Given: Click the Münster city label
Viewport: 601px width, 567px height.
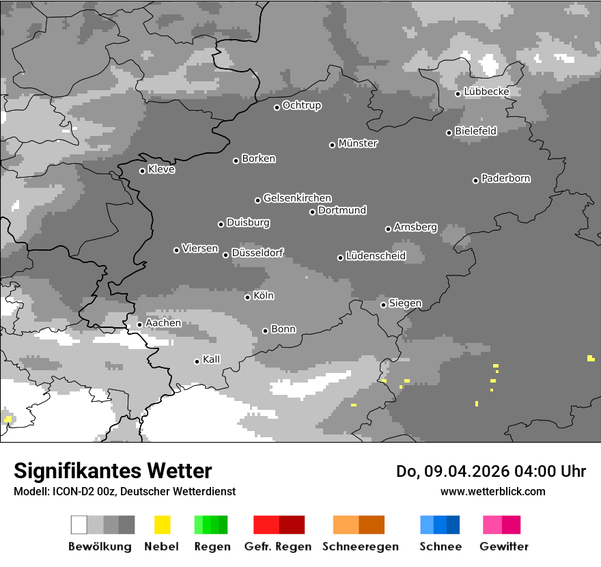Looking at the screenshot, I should [x=358, y=143].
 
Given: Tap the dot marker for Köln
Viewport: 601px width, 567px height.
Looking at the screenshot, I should [x=247, y=297].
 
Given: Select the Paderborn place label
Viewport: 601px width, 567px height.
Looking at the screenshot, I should [x=506, y=178].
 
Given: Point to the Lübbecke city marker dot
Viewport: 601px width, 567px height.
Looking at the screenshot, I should [x=458, y=94].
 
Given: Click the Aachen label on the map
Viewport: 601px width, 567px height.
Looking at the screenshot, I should [x=163, y=322].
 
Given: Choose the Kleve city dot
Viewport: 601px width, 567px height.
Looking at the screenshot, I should [x=142, y=171].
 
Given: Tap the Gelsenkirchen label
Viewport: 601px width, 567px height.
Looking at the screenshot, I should [x=297, y=198].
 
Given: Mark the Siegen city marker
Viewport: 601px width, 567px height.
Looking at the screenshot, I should [x=383, y=305].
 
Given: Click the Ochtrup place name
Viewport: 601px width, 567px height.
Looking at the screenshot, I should [x=302, y=105].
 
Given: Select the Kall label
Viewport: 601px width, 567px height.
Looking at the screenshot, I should [x=212, y=359].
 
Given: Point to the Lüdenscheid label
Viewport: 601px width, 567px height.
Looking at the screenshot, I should [x=376, y=256].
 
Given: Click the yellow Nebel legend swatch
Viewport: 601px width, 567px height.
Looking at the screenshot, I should [x=162, y=525].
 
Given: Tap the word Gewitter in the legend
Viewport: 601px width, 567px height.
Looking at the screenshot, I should [x=504, y=547].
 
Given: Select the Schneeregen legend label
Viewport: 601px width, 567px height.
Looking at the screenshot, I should [x=359, y=547].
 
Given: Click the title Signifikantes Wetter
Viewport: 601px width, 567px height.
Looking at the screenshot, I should [x=113, y=471].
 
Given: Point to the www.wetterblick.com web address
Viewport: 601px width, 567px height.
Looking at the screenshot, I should [x=493, y=491].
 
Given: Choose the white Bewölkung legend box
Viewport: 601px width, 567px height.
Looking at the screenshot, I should [x=79, y=525].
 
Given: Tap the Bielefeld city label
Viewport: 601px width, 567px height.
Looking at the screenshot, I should [x=476, y=130].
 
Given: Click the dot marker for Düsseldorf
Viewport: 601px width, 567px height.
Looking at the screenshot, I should [x=225, y=255].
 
